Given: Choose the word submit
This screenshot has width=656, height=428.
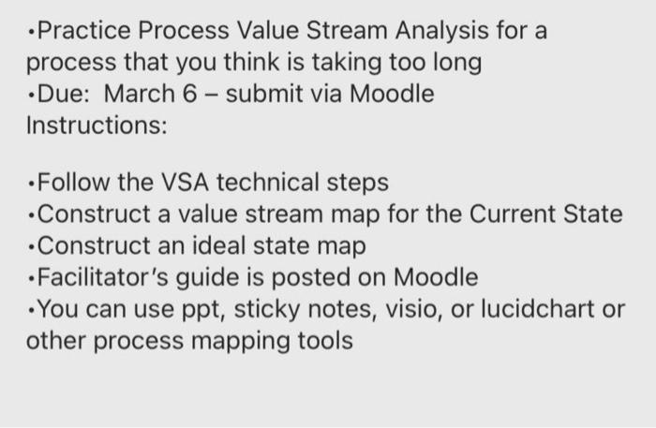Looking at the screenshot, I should [x=269, y=95].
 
